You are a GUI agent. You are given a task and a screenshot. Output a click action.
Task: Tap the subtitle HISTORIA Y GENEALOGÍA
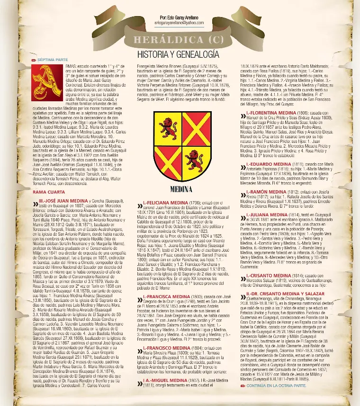[178, 54]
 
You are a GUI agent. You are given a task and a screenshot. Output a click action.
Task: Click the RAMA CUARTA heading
[49, 193]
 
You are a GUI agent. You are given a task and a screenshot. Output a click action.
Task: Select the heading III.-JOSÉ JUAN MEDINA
[63, 201]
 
